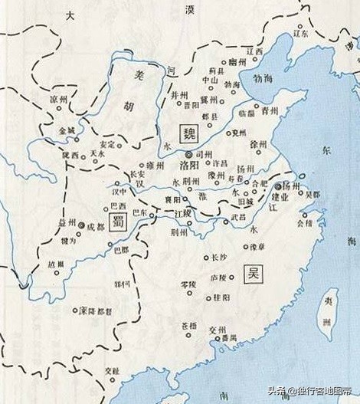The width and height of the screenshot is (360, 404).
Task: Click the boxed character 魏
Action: pos(188,134)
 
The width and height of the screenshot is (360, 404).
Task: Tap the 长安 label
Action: pos(139,174)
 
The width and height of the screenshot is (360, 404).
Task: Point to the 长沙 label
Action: pos(219,257)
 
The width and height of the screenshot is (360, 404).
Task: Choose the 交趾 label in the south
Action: pos(114,366)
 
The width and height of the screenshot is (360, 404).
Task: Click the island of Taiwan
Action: pos(327,314)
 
